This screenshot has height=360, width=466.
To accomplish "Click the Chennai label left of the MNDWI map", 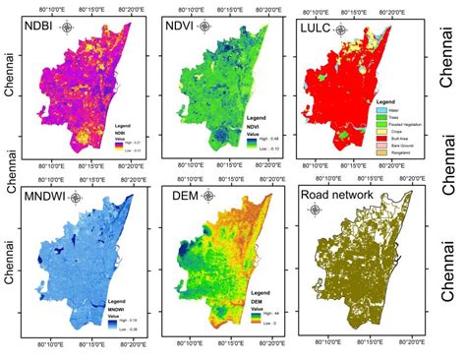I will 11,261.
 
